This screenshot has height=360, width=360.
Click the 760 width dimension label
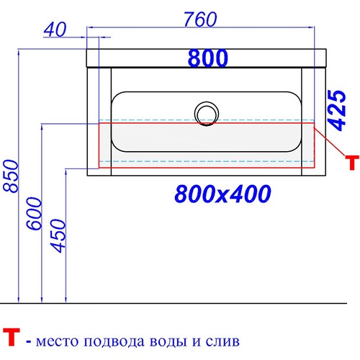tap(200, 19)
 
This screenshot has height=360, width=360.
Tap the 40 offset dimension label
tap(55, 30)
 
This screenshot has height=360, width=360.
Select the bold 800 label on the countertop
tap(208, 58)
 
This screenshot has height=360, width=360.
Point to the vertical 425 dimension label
tap(337, 110)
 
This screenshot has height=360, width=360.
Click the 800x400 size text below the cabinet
tap(223, 194)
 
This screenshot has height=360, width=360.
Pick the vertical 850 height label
tap(11, 176)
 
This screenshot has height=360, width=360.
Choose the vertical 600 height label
tap(34, 213)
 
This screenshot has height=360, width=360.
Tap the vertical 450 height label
tap(58, 235)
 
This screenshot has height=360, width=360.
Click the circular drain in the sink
tap(207, 114)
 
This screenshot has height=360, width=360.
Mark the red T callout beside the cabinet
tap(352, 163)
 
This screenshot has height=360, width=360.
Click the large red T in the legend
tap(11, 338)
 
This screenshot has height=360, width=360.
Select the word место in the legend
tap(57, 341)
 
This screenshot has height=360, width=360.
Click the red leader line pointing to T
tap(330, 142)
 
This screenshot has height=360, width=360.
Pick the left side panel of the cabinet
tap(99, 122)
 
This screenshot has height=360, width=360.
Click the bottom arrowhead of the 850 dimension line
tap(19, 300)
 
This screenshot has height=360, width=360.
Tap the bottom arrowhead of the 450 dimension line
tap(66, 300)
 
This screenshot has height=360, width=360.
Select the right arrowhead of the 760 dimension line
tap(311, 27)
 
